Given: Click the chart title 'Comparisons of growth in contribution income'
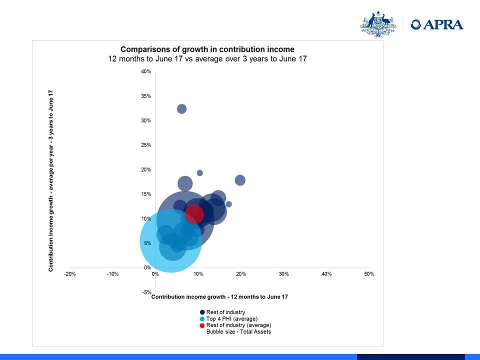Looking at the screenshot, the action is click(207, 49).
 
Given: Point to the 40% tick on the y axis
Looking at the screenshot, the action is click(146, 71).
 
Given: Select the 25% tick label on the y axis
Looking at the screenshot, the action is click(146, 145).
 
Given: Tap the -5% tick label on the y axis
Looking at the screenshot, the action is click(146, 292).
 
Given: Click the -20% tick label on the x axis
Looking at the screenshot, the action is click(70, 274).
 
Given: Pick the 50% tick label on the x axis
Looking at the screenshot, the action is click(369, 274).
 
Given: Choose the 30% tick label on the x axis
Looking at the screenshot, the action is click(284, 274).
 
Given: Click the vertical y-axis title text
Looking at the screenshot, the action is click(50, 180).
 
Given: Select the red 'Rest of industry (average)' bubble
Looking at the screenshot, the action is click(194, 214).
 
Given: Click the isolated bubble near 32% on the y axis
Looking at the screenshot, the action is click(182, 108).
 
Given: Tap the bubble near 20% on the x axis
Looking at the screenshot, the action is click(240, 180).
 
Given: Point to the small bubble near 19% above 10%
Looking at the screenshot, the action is click(199, 173).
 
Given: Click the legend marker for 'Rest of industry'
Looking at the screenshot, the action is click(202, 312).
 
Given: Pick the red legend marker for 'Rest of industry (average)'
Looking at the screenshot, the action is click(202, 325).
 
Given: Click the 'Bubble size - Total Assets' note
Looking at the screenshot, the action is click(238, 331).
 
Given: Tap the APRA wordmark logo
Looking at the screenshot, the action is click(437, 24).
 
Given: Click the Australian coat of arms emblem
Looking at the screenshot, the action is click(378, 24).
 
